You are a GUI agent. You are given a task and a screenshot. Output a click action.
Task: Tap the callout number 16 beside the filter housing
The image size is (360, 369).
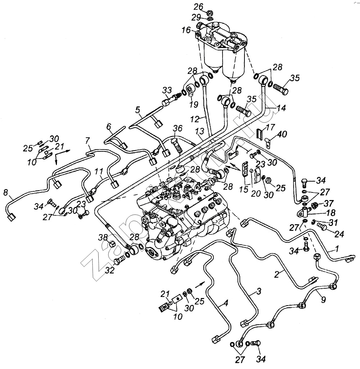tap(186, 30)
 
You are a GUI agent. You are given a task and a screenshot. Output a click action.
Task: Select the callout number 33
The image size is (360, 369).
tap(167, 90)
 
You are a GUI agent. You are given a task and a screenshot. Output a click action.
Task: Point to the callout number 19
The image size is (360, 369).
tap(194, 105)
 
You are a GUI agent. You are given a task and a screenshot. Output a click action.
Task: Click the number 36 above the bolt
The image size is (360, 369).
tap(177, 129)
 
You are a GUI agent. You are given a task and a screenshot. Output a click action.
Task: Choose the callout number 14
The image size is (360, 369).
tap(282, 108)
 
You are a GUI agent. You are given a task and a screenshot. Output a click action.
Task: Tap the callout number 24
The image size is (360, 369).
tap(339, 234)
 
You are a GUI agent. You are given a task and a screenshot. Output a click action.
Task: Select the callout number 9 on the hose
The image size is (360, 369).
tap(323, 299)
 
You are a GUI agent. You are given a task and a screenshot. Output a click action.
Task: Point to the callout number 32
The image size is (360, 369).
tap(109, 271)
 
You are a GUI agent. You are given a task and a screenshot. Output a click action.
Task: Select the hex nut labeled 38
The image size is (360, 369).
tap(112, 244)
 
